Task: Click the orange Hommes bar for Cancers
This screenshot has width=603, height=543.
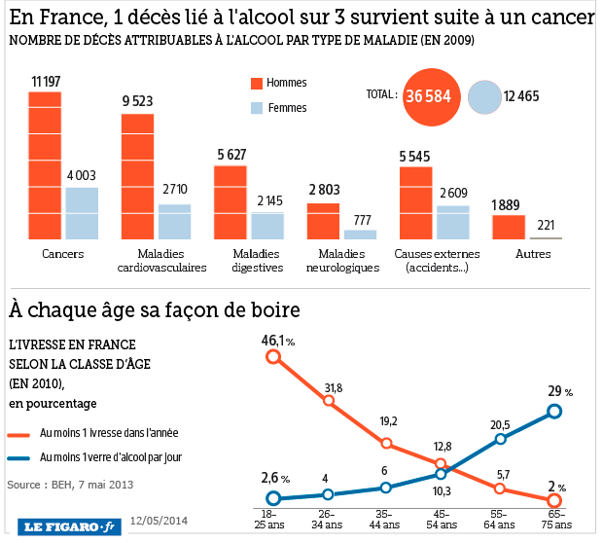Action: coord(45,166)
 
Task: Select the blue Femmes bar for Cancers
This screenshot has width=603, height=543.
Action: coord(82,213)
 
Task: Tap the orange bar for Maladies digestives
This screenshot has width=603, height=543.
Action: coord(231,202)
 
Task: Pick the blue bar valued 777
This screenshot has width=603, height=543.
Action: coord(360,235)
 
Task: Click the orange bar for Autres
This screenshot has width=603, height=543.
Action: coord(509,227)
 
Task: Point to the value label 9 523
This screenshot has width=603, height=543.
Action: coord(138,101)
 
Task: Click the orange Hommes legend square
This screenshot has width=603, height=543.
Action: coord(257,84)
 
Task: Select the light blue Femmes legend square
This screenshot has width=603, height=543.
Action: coord(257,108)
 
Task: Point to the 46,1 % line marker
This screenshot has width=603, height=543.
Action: coord(273,357)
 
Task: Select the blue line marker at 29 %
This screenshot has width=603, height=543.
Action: coord(554,411)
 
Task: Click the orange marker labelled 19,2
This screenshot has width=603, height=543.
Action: coord(386,443)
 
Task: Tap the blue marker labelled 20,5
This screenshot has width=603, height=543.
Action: coord(500,439)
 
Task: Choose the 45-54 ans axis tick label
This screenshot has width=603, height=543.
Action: coord(443,519)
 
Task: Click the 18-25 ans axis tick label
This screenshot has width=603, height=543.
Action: coord(272,519)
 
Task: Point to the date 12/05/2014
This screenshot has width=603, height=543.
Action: coord(158,521)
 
